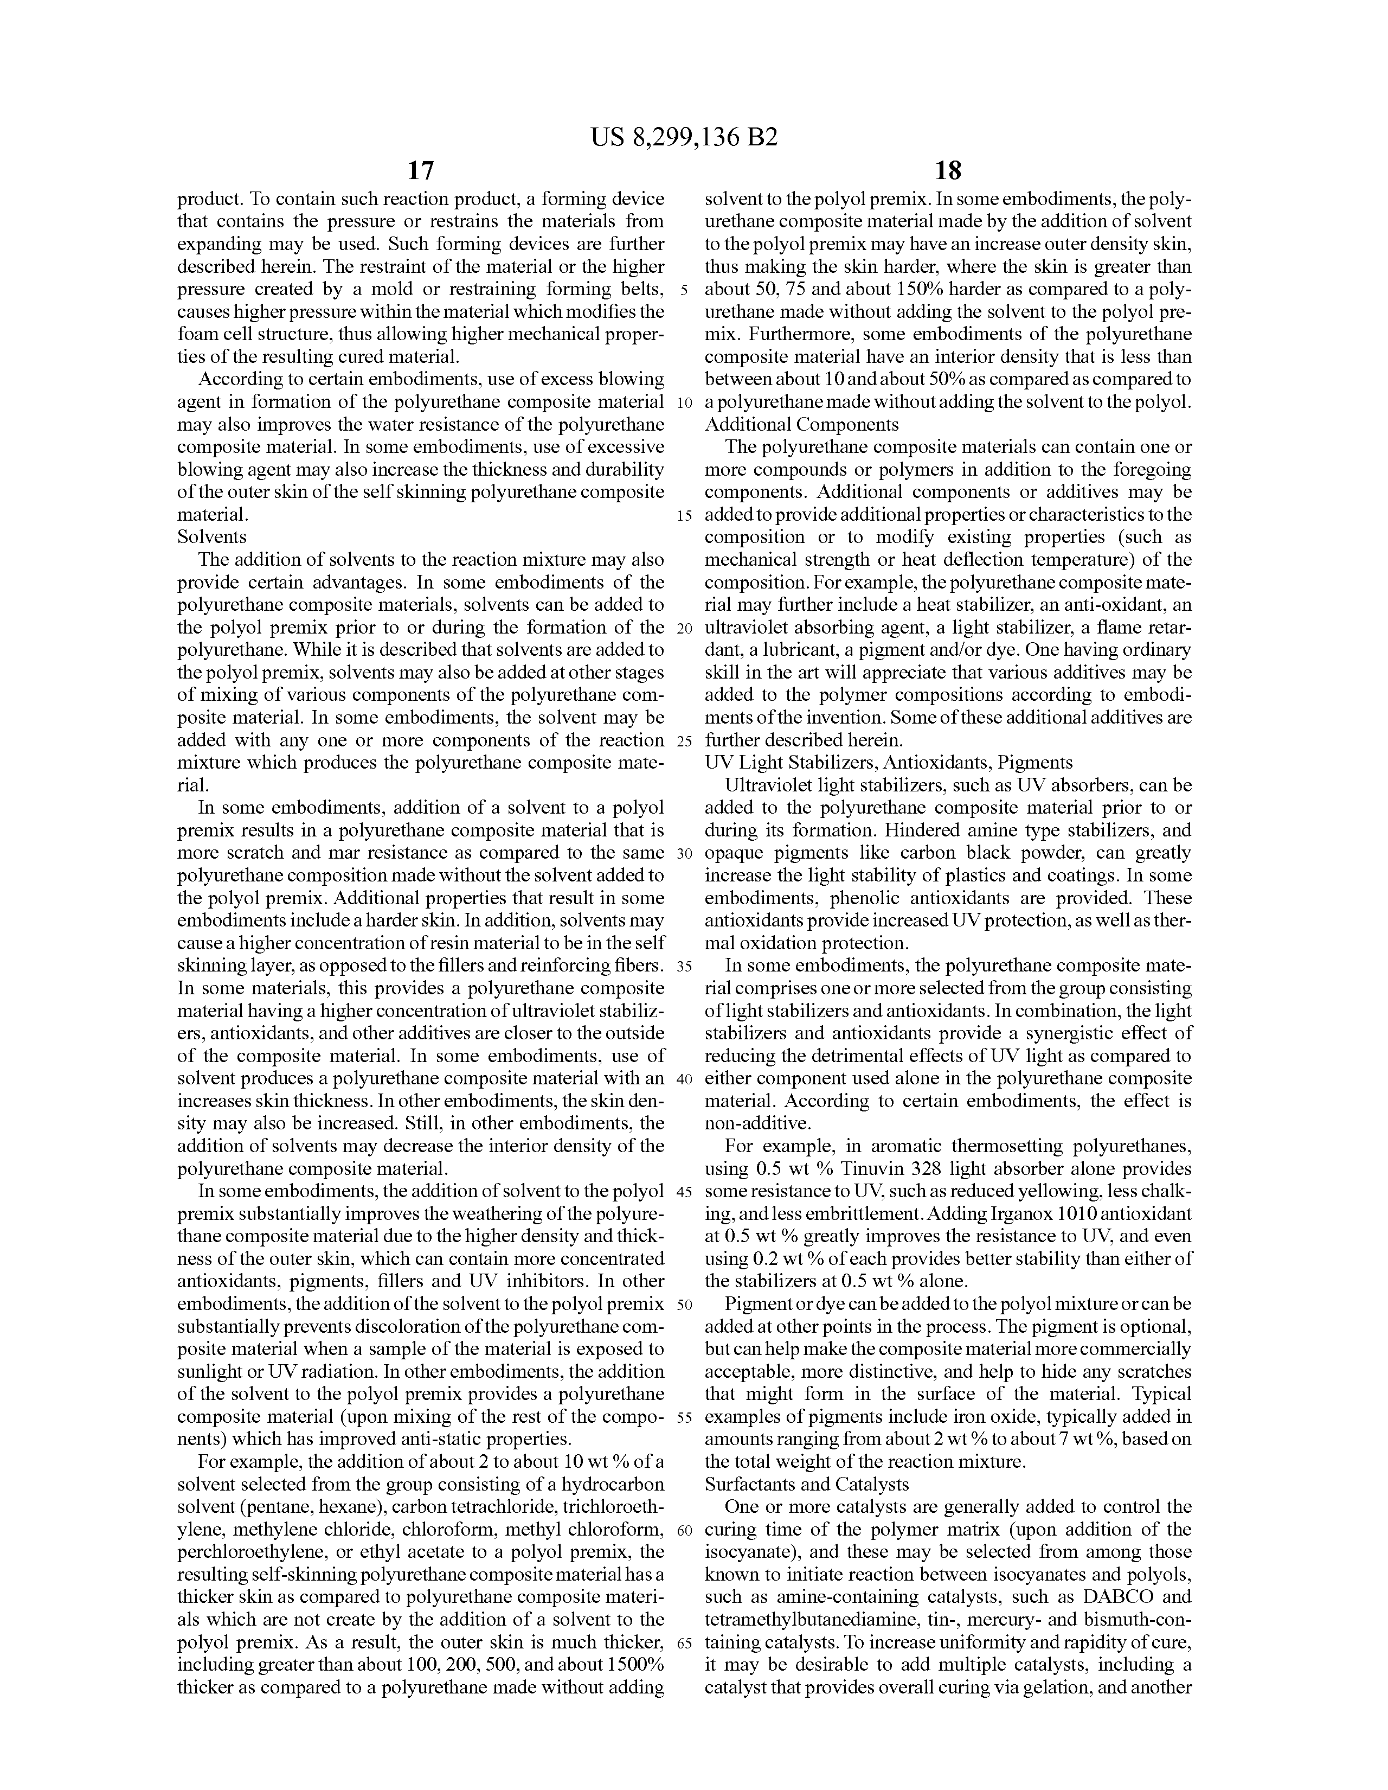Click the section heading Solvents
coord(212,537)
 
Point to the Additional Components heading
coord(801,425)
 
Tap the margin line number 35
coord(685,966)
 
